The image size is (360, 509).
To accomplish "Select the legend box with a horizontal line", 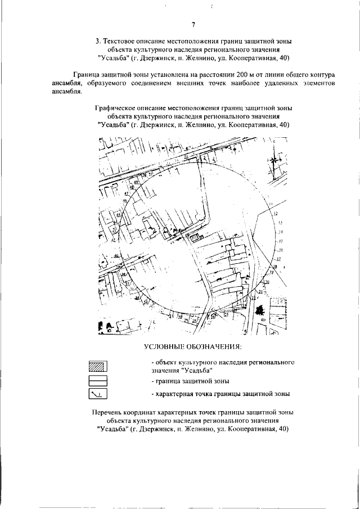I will (x=98, y=381).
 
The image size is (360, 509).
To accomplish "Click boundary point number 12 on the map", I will (x=276, y=214).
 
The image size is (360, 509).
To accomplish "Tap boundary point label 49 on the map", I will (x=136, y=182).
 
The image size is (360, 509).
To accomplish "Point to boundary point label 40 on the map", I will (x=116, y=256).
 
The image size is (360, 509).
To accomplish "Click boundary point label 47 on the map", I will (x=127, y=194).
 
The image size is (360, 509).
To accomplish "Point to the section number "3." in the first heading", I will (x=98, y=41).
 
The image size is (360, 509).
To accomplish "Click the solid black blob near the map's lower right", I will (x=259, y=309).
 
